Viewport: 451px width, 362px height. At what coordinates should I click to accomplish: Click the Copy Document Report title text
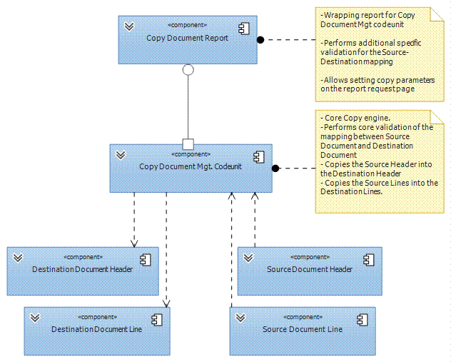pyautogui.click(x=187, y=38)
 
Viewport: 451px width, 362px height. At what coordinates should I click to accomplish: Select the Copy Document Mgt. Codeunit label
pyautogui.click(x=191, y=166)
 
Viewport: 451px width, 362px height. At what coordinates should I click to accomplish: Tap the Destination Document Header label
pyautogui.click(x=82, y=269)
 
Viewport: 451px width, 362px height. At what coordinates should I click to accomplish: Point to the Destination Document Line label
pyautogui.click(x=96, y=329)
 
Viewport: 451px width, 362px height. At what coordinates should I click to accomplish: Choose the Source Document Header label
pyautogui.click(x=310, y=269)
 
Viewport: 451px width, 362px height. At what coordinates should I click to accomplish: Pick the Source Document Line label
pyautogui.click(x=303, y=329)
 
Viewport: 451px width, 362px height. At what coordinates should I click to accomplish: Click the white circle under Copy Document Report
pyautogui.click(x=188, y=70)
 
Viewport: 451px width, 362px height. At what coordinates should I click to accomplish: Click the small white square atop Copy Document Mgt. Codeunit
pyautogui.click(x=188, y=144)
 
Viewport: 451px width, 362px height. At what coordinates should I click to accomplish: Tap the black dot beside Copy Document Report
pyautogui.click(x=260, y=40)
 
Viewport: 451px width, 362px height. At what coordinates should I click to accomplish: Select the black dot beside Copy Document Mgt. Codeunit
pyautogui.click(x=275, y=169)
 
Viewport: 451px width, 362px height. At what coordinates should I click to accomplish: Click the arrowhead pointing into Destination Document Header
pyautogui.click(x=134, y=243)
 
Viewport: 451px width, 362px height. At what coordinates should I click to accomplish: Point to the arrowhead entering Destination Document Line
pyautogui.click(x=166, y=303)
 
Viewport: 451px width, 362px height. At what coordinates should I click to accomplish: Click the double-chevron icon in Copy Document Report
pyautogui.click(x=129, y=26)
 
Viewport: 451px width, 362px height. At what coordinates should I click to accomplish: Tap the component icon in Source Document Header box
pyautogui.click(x=369, y=260)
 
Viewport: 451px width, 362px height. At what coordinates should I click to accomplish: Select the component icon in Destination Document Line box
pyautogui.click(x=157, y=320)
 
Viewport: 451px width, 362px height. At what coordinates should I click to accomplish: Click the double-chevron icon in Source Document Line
pyautogui.click(x=240, y=318)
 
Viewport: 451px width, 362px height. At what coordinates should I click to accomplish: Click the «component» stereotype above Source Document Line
pyautogui.click(x=303, y=317)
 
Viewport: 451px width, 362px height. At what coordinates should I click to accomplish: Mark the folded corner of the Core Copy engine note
pyautogui.click(x=437, y=117)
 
